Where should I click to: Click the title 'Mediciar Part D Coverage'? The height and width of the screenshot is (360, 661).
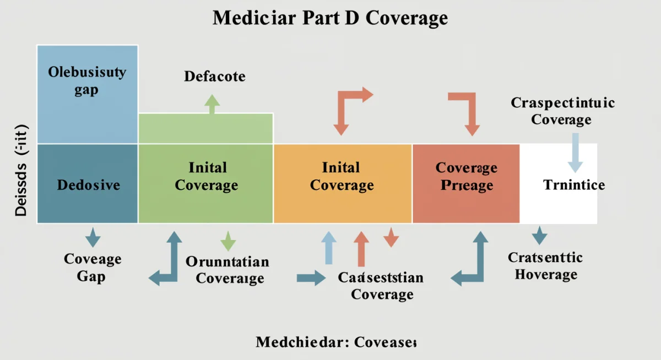pos(330,18)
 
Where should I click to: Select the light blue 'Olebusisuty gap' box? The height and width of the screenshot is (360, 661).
pos(87,94)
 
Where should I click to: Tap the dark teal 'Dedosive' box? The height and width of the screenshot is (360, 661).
pos(87,184)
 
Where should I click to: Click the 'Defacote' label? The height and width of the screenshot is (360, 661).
pos(215,76)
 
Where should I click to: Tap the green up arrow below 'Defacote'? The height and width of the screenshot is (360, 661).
pos(212,104)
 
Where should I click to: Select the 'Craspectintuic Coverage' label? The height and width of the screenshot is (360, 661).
pos(562,111)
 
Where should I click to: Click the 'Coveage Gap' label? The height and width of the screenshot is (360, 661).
pos(93,267)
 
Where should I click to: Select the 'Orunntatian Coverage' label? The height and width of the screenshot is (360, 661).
pos(228,270)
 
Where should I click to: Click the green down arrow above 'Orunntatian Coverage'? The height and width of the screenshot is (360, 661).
pos(228,241)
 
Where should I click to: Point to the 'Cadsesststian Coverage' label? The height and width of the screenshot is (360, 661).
pos(381,286)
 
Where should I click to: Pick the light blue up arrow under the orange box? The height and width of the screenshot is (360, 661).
pos(328,248)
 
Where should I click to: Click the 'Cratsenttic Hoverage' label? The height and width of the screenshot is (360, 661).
pos(545,265)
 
